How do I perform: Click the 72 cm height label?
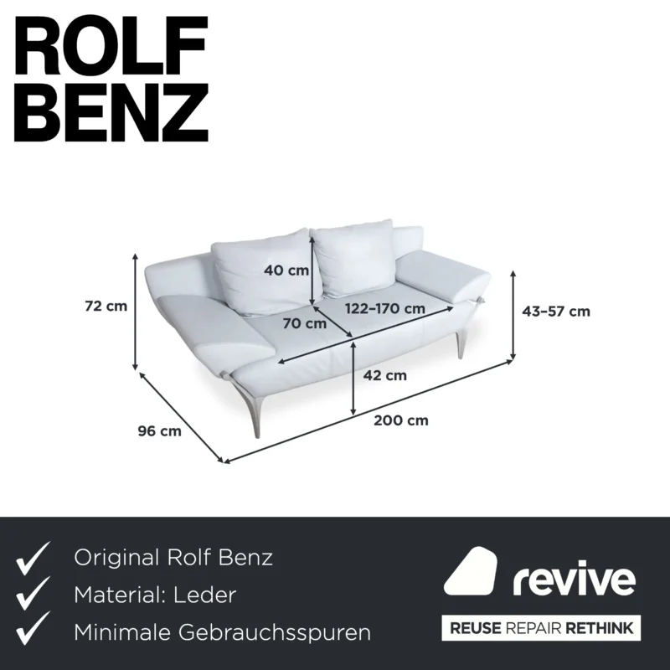tap(106, 306)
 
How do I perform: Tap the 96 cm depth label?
tap(159, 431)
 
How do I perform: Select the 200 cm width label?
tap(401, 420)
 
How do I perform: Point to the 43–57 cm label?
tap(556, 312)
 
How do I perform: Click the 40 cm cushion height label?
tap(286, 270)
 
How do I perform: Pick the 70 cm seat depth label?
tap(305, 323)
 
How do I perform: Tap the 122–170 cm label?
tap(385, 308)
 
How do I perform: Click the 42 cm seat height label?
tap(384, 375)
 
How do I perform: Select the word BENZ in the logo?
tap(111, 112)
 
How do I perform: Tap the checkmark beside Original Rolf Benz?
tap(33, 558)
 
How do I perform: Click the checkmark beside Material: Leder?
tap(33, 594)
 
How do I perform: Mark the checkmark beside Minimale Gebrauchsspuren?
tap(33, 629)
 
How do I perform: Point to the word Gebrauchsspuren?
tap(275, 633)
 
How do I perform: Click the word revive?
tap(574, 579)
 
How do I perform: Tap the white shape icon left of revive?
tap(471, 571)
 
